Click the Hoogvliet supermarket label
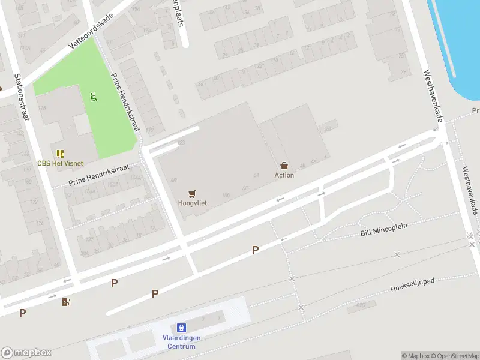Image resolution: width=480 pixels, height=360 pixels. (x=193, y=203)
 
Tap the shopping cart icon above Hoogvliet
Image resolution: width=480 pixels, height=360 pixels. (x=192, y=194)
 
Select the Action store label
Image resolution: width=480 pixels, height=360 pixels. (x=284, y=175)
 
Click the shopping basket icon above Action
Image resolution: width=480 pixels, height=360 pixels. (x=284, y=166)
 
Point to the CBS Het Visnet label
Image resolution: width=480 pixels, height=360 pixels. (x=60, y=163)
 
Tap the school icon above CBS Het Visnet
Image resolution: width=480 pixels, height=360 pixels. (x=60, y=154)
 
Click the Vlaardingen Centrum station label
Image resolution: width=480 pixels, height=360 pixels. (x=181, y=342)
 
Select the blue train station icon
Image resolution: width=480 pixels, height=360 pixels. (x=181, y=328)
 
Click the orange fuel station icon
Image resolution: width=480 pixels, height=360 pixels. (x=66, y=302)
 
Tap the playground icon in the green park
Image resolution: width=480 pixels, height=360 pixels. (x=93, y=96)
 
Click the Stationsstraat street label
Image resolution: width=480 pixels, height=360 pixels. (x=22, y=96)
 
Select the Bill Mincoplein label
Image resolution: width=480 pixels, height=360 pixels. (x=384, y=229)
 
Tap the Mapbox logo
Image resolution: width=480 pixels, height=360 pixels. (x=26, y=353)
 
